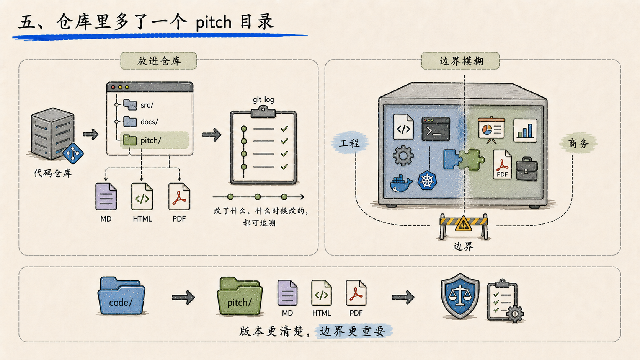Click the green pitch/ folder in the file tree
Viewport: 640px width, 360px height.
(x=130, y=140)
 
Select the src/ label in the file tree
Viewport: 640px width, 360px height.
(x=147, y=105)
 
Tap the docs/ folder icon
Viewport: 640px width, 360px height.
(x=130, y=122)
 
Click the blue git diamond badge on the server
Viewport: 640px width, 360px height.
(x=73, y=153)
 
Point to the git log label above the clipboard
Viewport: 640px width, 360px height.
(x=263, y=99)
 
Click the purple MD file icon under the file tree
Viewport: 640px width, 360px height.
(x=106, y=197)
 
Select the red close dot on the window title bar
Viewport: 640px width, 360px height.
(x=113, y=87)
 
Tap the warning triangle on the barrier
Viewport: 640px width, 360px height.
(x=463, y=223)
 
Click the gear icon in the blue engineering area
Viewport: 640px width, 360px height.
(x=403, y=156)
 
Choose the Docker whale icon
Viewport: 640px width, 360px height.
(x=401, y=184)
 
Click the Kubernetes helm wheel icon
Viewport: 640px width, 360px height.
(x=427, y=181)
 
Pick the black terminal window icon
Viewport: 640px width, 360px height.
(x=436, y=129)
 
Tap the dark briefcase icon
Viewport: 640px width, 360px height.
(x=527, y=169)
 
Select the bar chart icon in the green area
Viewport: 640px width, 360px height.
(x=525, y=130)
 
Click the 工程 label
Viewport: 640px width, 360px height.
(x=349, y=143)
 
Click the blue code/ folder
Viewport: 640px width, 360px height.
(x=121, y=296)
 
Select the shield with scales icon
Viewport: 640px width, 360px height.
(x=460, y=296)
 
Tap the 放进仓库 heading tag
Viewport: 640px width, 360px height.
(x=158, y=61)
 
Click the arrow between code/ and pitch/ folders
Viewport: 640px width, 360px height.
(x=183, y=298)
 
